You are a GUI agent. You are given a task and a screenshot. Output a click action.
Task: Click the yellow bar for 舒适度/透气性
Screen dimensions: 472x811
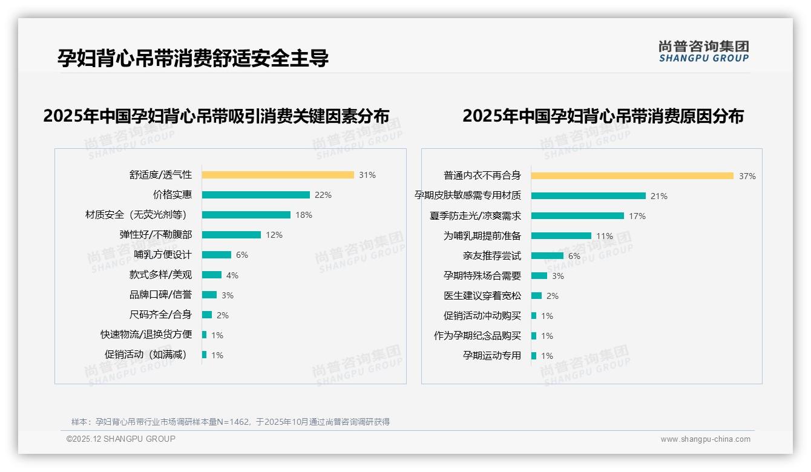click(x=278, y=175)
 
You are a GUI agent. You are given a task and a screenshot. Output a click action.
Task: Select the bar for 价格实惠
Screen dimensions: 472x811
click(x=256, y=195)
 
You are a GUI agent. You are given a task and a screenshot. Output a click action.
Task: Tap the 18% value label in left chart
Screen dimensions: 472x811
click(x=304, y=215)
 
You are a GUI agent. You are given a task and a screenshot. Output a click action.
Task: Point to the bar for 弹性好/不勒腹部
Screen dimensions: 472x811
click(x=231, y=235)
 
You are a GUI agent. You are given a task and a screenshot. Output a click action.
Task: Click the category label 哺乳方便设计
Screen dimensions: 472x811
click(x=163, y=255)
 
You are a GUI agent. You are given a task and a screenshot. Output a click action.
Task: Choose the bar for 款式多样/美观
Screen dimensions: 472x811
click(x=212, y=275)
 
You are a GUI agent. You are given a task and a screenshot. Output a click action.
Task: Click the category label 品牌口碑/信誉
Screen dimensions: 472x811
click(x=160, y=295)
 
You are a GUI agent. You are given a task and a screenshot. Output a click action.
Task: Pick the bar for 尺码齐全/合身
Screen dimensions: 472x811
click(x=207, y=315)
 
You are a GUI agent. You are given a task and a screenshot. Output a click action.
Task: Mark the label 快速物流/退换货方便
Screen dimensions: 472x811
click(x=146, y=335)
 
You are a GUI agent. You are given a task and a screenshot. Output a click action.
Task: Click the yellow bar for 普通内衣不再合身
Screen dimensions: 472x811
click(x=632, y=176)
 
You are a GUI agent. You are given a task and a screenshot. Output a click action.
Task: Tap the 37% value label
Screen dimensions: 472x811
click(x=747, y=176)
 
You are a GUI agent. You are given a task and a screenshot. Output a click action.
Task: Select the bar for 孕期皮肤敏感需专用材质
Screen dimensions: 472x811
click(x=588, y=196)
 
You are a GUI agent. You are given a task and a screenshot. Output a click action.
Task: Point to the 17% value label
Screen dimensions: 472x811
click(x=637, y=216)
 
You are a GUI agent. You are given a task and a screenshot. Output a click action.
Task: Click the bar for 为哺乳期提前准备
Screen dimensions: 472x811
click(x=561, y=236)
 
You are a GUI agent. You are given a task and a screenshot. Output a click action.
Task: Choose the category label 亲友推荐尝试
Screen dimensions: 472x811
click(x=491, y=256)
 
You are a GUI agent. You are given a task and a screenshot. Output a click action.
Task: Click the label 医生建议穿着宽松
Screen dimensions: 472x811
click(x=482, y=296)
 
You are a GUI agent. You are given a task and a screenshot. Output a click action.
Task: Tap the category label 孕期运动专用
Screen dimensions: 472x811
click(x=491, y=356)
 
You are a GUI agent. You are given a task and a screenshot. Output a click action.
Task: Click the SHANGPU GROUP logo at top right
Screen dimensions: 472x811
click(x=704, y=51)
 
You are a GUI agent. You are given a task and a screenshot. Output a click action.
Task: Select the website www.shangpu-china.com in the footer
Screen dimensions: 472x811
click(x=705, y=439)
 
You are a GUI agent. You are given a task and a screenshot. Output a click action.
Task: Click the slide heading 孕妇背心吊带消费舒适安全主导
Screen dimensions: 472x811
click(x=193, y=58)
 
